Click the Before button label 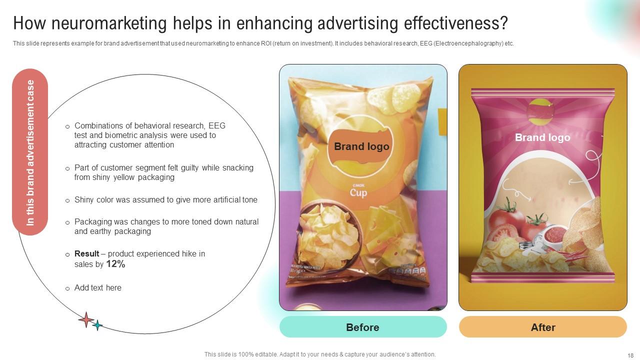[x=362, y=327]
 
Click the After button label [x=543, y=327]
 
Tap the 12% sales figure [x=115, y=264]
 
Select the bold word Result [x=87, y=254]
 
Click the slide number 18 [x=630, y=355]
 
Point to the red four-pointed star [x=86, y=320]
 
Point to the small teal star [x=97, y=325]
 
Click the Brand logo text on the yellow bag [x=361, y=146]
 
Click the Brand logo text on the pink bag [x=542, y=137]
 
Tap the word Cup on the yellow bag [x=358, y=193]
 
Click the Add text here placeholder [x=98, y=288]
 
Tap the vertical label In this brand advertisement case [x=30, y=152]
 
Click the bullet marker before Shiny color [x=67, y=200]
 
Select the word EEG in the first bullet [x=217, y=126]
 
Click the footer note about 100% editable [x=320, y=354]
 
